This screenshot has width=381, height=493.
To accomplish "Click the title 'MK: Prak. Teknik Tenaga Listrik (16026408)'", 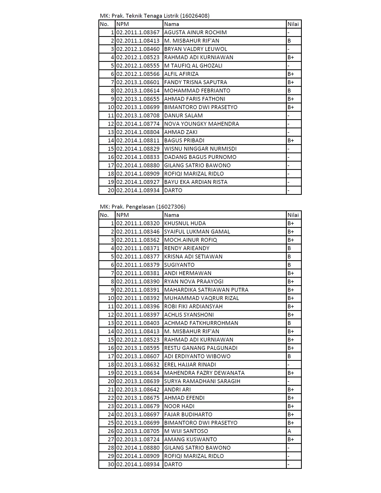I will (x=155, y=16).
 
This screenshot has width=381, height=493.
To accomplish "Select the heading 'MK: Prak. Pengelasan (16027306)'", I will (x=143, y=207).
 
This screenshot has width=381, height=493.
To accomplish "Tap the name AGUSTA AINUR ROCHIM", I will (x=195, y=32).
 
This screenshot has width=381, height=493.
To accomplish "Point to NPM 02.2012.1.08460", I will (x=138, y=49).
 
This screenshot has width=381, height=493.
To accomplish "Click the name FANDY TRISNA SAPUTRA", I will (x=196, y=82).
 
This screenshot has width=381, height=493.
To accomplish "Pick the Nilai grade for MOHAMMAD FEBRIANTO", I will (x=289, y=91).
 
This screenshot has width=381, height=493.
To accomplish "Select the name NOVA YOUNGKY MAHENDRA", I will (x=202, y=124).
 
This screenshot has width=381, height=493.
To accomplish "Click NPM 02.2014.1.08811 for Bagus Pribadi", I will (x=138, y=141).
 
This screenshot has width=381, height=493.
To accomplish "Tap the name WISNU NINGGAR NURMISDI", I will (x=200, y=149).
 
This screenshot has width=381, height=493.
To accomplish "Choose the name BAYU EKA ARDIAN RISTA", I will (x=196, y=182).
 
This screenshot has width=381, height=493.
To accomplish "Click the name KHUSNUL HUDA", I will (x=185, y=223).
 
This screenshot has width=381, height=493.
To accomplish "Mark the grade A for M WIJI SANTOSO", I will (x=289, y=431).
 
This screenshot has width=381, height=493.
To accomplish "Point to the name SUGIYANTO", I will (x=179, y=265).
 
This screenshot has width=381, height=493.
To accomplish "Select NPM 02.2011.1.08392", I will (x=138, y=298).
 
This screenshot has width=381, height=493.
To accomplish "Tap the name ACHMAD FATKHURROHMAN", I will (x=201, y=323).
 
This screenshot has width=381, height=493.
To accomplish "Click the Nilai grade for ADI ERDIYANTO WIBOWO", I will (x=289, y=356).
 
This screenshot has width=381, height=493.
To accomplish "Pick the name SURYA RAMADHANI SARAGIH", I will (x=202, y=381).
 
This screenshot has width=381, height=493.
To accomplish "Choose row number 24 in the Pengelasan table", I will (x=111, y=415).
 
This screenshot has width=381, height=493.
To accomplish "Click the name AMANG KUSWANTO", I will (x=190, y=439).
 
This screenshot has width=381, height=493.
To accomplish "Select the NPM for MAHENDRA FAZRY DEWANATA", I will (x=138, y=373).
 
